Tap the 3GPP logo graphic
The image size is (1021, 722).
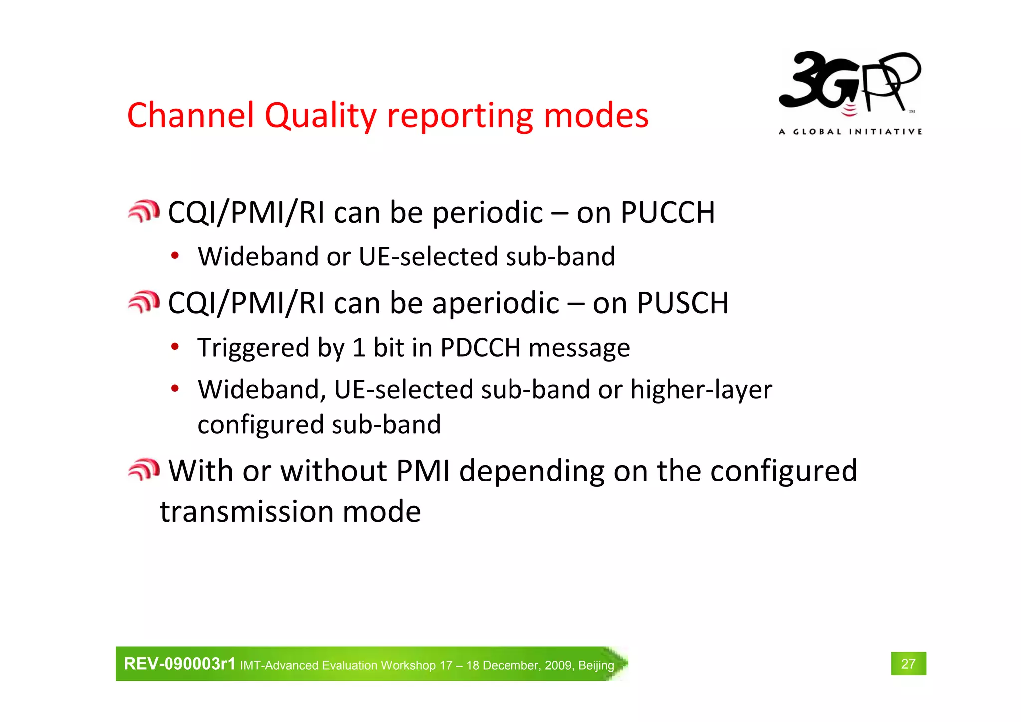[850, 82]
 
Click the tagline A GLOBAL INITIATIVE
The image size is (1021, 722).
[850, 132]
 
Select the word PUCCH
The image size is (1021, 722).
[668, 212]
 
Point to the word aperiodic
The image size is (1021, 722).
[496, 304]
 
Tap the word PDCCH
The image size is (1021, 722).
[480, 347]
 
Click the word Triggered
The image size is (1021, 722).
[253, 348]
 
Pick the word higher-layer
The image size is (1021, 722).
[701, 390]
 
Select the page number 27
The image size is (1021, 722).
[908, 664]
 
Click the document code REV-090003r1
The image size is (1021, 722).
[179, 664]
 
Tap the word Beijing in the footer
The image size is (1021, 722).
[596, 665]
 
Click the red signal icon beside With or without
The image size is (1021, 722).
[144, 470]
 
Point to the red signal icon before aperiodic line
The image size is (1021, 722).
[144, 302]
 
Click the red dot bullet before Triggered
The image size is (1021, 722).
[175, 346]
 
